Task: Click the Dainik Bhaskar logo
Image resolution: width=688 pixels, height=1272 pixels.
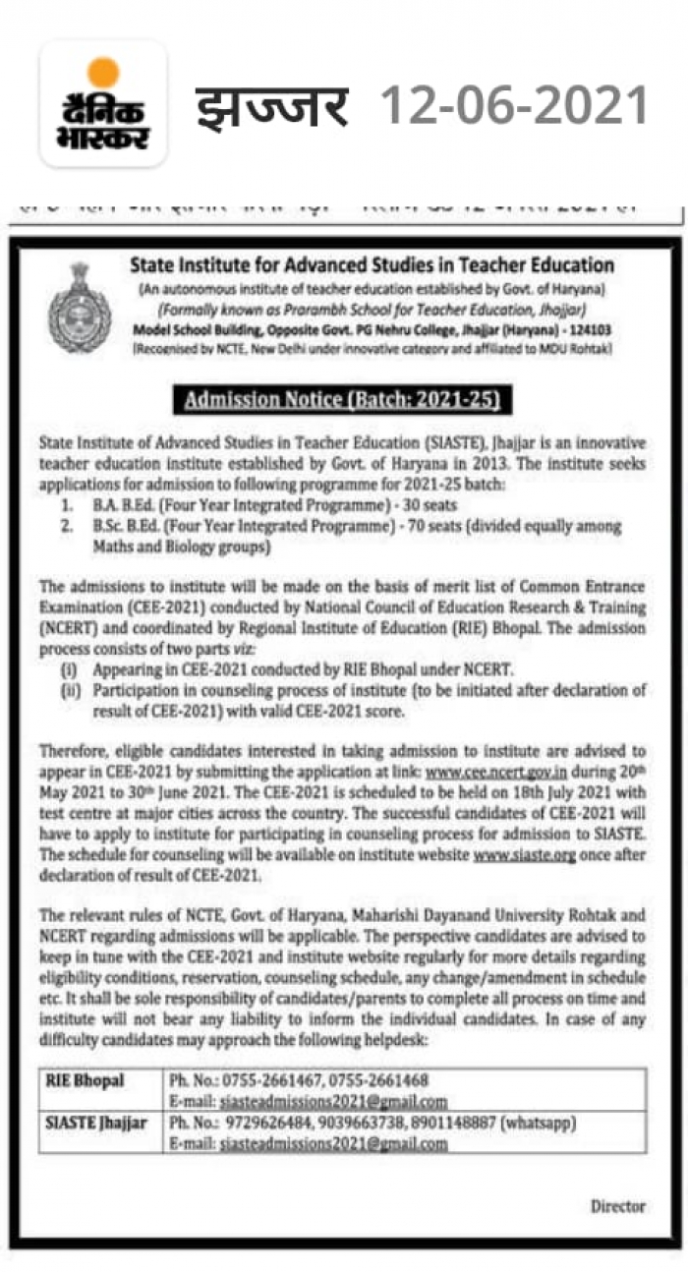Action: (x=102, y=104)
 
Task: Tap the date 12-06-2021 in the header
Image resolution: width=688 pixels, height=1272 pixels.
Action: (x=514, y=105)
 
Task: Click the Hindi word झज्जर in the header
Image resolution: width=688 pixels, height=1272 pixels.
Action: (x=271, y=106)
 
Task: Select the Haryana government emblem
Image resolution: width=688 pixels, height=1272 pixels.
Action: (x=80, y=309)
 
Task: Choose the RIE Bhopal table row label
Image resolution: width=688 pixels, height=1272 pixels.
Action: (x=86, y=1080)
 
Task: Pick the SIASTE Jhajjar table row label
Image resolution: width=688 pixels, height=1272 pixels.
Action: (x=96, y=1122)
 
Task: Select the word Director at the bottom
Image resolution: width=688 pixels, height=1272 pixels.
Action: (x=618, y=1205)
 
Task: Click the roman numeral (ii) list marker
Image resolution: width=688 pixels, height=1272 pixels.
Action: (x=72, y=689)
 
